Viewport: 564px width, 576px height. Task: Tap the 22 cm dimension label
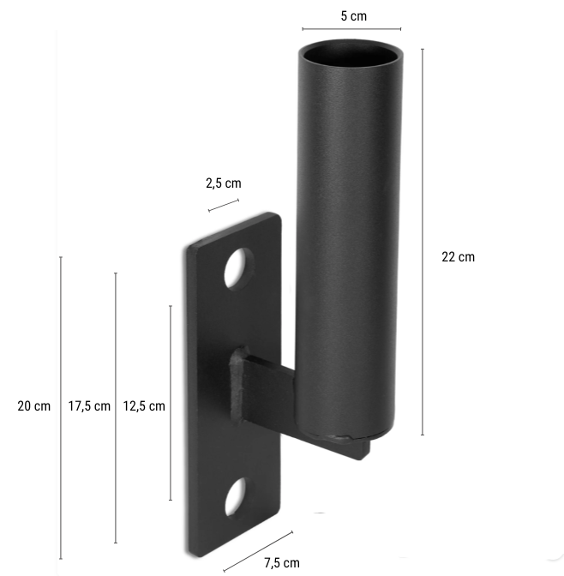click(458, 256)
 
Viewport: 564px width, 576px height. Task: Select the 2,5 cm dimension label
click(223, 183)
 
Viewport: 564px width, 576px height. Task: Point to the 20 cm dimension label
click(34, 406)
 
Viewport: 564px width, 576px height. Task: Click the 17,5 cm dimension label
click(89, 406)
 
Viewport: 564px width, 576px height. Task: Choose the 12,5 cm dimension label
click(144, 406)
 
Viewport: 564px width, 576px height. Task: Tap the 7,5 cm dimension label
click(282, 563)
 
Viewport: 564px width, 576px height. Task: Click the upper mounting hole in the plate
click(239, 268)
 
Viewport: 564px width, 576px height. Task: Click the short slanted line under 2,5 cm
click(224, 205)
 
